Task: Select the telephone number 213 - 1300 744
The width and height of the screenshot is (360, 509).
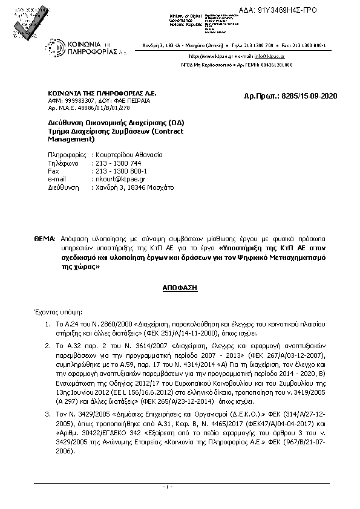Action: click(117, 163)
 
